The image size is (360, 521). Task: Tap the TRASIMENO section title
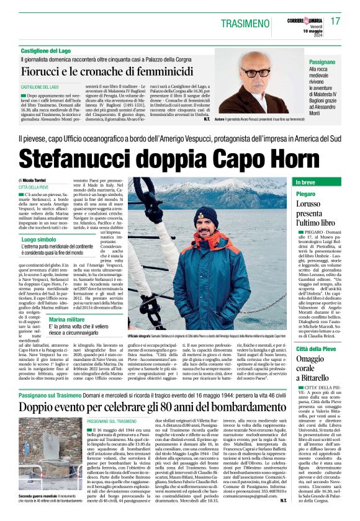coord(236,23)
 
